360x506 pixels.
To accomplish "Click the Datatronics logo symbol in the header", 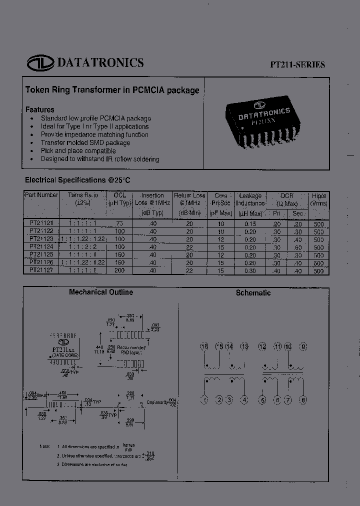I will click(40, 62).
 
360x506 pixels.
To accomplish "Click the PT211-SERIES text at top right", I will click(297, 64).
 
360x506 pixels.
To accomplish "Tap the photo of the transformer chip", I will click(263, 120).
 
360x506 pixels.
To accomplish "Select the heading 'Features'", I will click(39, 109).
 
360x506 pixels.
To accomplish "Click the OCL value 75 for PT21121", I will click(119, 224).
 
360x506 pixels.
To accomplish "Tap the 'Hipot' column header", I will click(318, 195).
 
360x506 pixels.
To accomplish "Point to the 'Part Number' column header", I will click(41, 195).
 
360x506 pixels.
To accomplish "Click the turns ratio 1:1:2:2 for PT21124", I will click(83, 246).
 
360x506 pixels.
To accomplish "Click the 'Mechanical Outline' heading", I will click(101, 292).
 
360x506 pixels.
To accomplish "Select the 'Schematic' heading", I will click(253, 293).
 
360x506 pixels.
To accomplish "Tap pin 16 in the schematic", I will click(204, 347).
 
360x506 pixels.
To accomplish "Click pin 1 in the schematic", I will click(204, 399).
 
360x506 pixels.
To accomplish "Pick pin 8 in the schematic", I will click(303, 399).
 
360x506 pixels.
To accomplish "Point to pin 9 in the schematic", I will click(303, 347).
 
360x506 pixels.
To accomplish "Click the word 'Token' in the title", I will click(37, 90).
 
